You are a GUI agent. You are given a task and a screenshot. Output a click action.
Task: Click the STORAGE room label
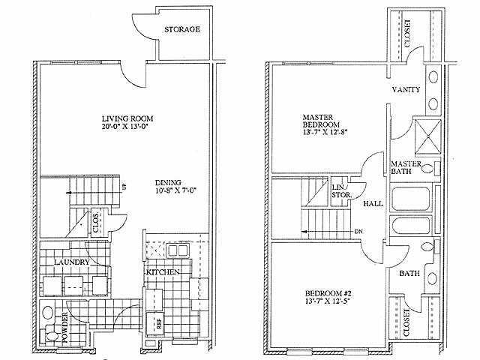[x=182, y=29]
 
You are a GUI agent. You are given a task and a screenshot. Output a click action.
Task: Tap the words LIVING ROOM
[x=125, y=118]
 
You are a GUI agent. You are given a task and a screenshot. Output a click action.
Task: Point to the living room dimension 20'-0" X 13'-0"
[x=125, y=127]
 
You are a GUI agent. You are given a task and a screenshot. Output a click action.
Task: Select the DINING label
[x=169, y=182]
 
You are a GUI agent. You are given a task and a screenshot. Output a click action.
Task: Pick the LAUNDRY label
[x=72, y=262]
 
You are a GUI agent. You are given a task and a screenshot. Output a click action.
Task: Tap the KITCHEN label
[x=163, y=270]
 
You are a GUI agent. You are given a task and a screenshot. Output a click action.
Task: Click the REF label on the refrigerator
[x=159, y=324]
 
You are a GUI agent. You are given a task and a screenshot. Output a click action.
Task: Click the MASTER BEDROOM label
[x=322, y=122]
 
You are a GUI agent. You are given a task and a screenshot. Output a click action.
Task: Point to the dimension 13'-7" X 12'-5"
[x=327, y=301]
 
